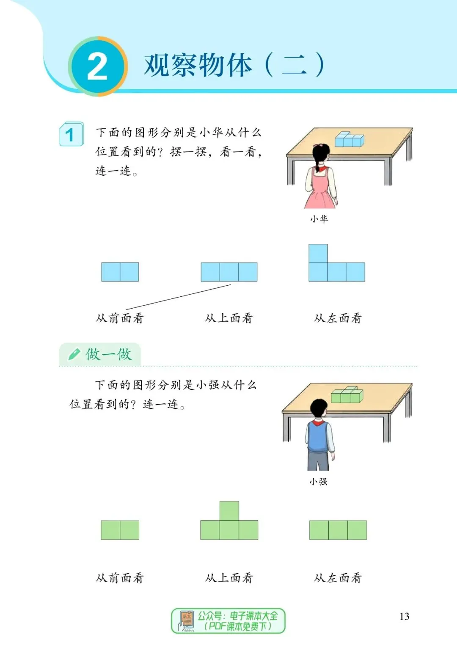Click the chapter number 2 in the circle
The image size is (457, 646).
[x=97, y=67]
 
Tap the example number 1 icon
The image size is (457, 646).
[x=71, y=135]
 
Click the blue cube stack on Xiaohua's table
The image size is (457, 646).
[x=349, y=139]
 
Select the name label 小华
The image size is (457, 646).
[x=319, y=219]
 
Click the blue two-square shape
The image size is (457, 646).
[x=120, y=272]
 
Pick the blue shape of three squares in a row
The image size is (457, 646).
[x=229, y=272]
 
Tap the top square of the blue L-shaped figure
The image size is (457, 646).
[x=318, y=253]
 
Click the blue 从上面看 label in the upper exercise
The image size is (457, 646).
[x=228, y=318]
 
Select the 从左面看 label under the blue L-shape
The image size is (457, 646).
[x=338, y=318]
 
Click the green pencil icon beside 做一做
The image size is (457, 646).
[x=74, y=354]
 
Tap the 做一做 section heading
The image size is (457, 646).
[x=108, y=354]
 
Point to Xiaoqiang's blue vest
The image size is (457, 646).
[x=318, y=436]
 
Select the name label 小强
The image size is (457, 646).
[x=318, y=481]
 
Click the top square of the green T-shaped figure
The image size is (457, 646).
[x=229, y=511]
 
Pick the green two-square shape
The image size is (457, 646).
[x=120, y=530]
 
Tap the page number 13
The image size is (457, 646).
[x=404, y=616]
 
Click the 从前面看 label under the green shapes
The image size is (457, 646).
[x=120, y=578]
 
